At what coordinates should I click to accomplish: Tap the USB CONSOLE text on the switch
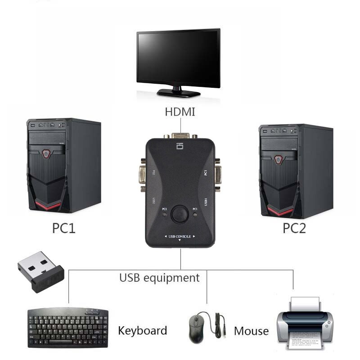pos(180,236)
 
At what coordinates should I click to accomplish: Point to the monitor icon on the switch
pos(180,145)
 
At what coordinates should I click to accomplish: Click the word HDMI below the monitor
pos(180,112)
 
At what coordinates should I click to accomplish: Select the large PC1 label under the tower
pos(64,228)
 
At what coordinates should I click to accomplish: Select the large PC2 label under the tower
pos(294,228)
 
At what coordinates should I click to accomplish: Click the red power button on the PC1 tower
pos(46,154)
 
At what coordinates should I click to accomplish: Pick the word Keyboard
pos(142,331)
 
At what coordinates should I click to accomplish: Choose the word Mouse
pos(251,331)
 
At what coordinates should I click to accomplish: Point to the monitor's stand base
pos(178,93)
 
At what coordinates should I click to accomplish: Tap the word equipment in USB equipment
pos(171,278)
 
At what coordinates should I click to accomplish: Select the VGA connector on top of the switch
pos(180,135)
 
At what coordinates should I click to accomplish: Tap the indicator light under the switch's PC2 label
pos(165,215)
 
